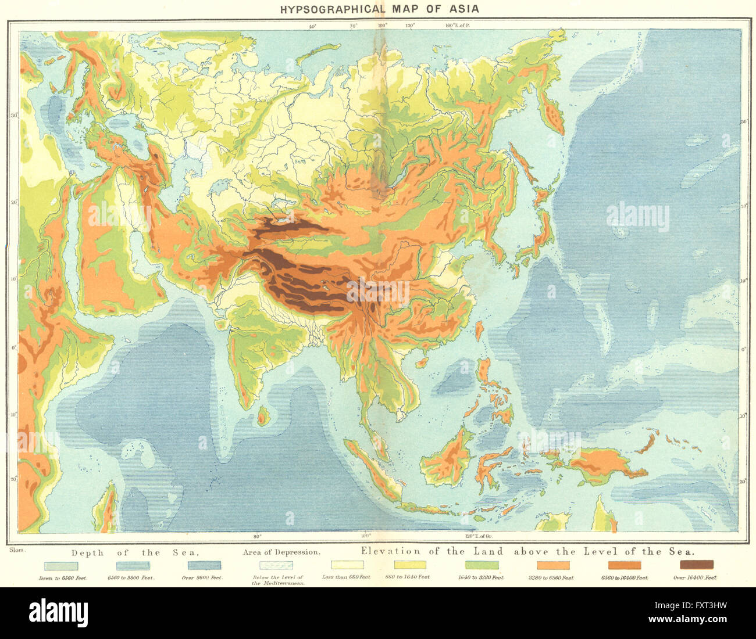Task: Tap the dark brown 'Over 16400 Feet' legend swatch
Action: (x=696, y=565)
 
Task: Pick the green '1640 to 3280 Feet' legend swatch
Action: (x=482, y=565)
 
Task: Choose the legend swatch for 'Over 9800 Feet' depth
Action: (x=204, y=565)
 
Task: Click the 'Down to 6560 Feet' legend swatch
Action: (x=61, y=565)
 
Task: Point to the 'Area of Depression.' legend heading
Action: (x=281, y=552)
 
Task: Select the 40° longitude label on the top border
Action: (x=312, y=26)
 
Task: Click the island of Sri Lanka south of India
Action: (x=263, y=415)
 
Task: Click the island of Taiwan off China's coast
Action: (x=480, y=332)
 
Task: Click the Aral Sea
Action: (x=218, y=188)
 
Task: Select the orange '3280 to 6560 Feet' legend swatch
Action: (x=553, y=565)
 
